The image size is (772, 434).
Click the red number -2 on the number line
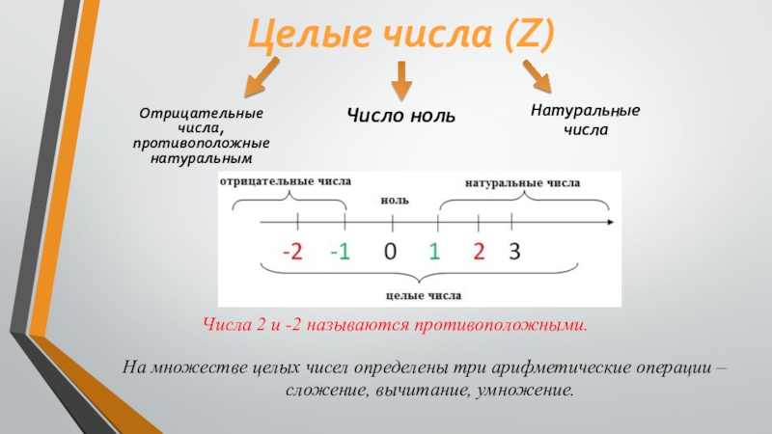[x=291, y=253]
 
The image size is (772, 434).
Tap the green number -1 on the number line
[x=340, y=253]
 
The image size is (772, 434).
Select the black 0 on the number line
[x=391, y=253]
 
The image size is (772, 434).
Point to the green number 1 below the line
[x=435, y=253]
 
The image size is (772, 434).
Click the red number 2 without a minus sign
[x=479, y=253]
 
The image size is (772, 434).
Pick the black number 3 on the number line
[x=514, y=253]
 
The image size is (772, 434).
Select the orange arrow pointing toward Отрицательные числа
[x=261, y=77]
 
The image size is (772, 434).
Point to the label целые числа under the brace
[x=423, y=295]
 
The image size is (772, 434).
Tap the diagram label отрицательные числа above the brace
[x=286, y=180]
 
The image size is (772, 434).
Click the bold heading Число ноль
[x=401, y=116]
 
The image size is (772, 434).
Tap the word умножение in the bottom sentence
[x=532, y=392]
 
